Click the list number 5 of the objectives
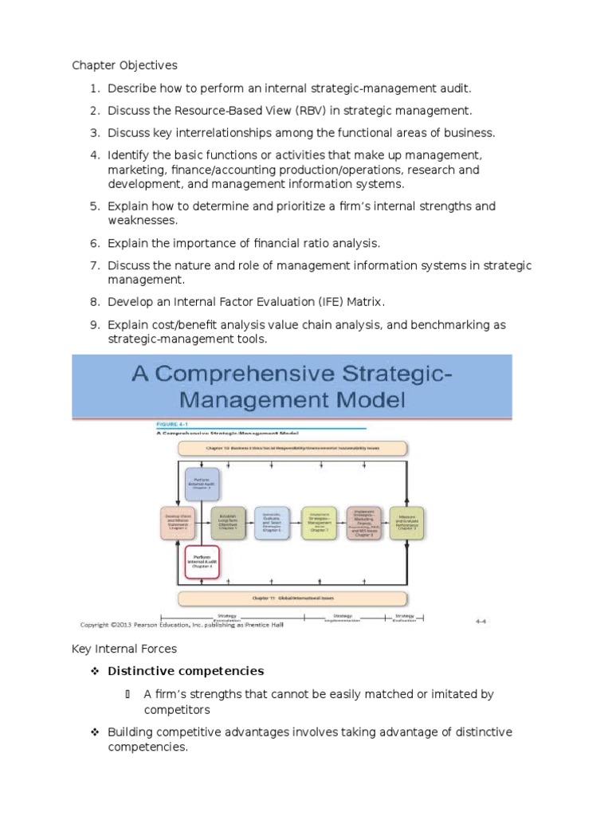pyautogui.click(x=93, y=206)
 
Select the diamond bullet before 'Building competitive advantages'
pyautogui.click(x=94, y=732)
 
